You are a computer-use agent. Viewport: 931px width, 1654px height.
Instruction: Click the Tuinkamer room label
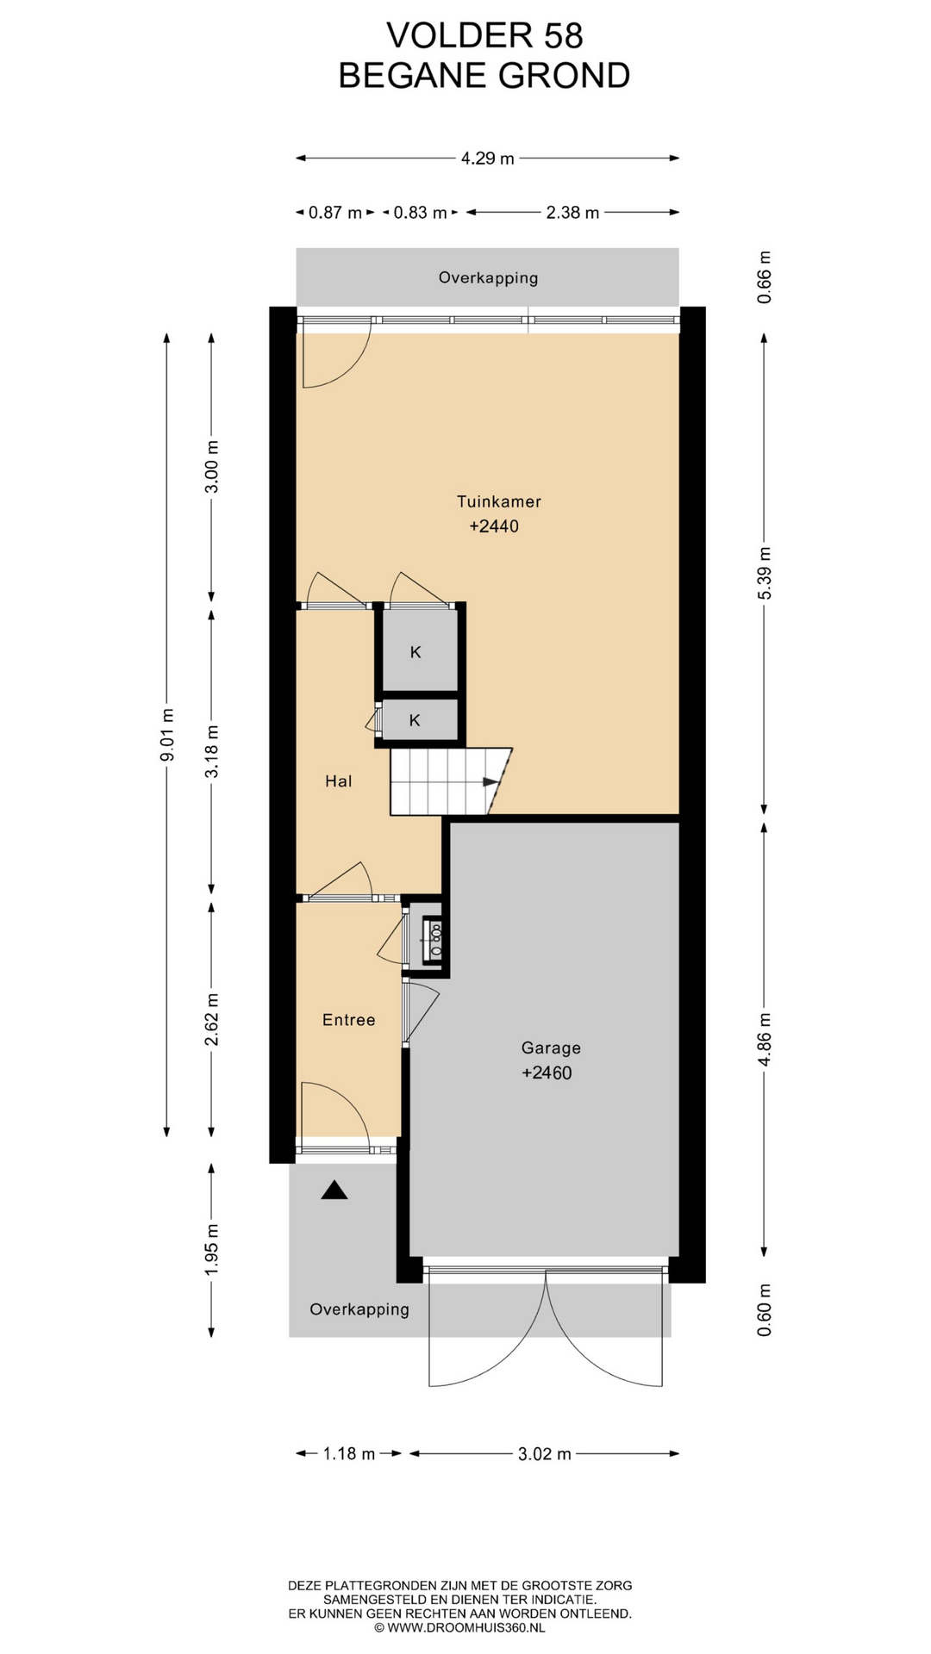tap(498, 501)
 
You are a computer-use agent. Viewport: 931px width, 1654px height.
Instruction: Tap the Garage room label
tap(551, 1048)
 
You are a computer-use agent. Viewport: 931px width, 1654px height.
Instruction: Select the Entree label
tap(348, 1020)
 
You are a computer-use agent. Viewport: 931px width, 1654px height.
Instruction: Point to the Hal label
tap(338, 781)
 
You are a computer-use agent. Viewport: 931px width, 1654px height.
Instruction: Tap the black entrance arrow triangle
tap(334, 1191)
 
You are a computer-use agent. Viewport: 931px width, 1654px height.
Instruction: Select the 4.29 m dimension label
tap(487, 159)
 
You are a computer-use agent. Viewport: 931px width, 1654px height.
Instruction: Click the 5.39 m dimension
tap(765, 573)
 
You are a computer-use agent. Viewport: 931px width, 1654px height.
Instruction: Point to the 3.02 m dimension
tap(544, 1454)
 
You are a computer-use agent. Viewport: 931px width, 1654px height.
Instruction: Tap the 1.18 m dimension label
tap(349, 1454)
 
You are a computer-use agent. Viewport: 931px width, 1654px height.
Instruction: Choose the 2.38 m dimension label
tap(572, 213)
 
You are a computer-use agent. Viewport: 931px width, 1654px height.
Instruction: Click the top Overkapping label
tap(488, 278)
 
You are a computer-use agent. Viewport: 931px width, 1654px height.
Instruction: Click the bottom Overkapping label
tap(359, 1309)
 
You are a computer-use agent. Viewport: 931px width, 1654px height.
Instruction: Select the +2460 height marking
tap(547, 1073)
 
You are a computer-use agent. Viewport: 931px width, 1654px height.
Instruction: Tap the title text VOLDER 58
tap(484, 35)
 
